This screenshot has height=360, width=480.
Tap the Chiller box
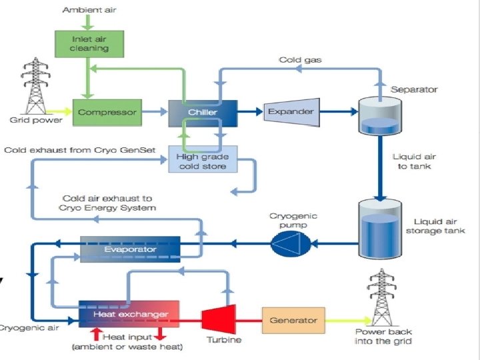(203, 112)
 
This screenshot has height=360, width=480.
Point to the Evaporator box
(130, 249)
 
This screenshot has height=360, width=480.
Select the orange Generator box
(293, 320)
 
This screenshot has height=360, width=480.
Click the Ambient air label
(87, 10)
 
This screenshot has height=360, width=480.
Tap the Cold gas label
(300, 60)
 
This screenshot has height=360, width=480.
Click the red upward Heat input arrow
(96, 332)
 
